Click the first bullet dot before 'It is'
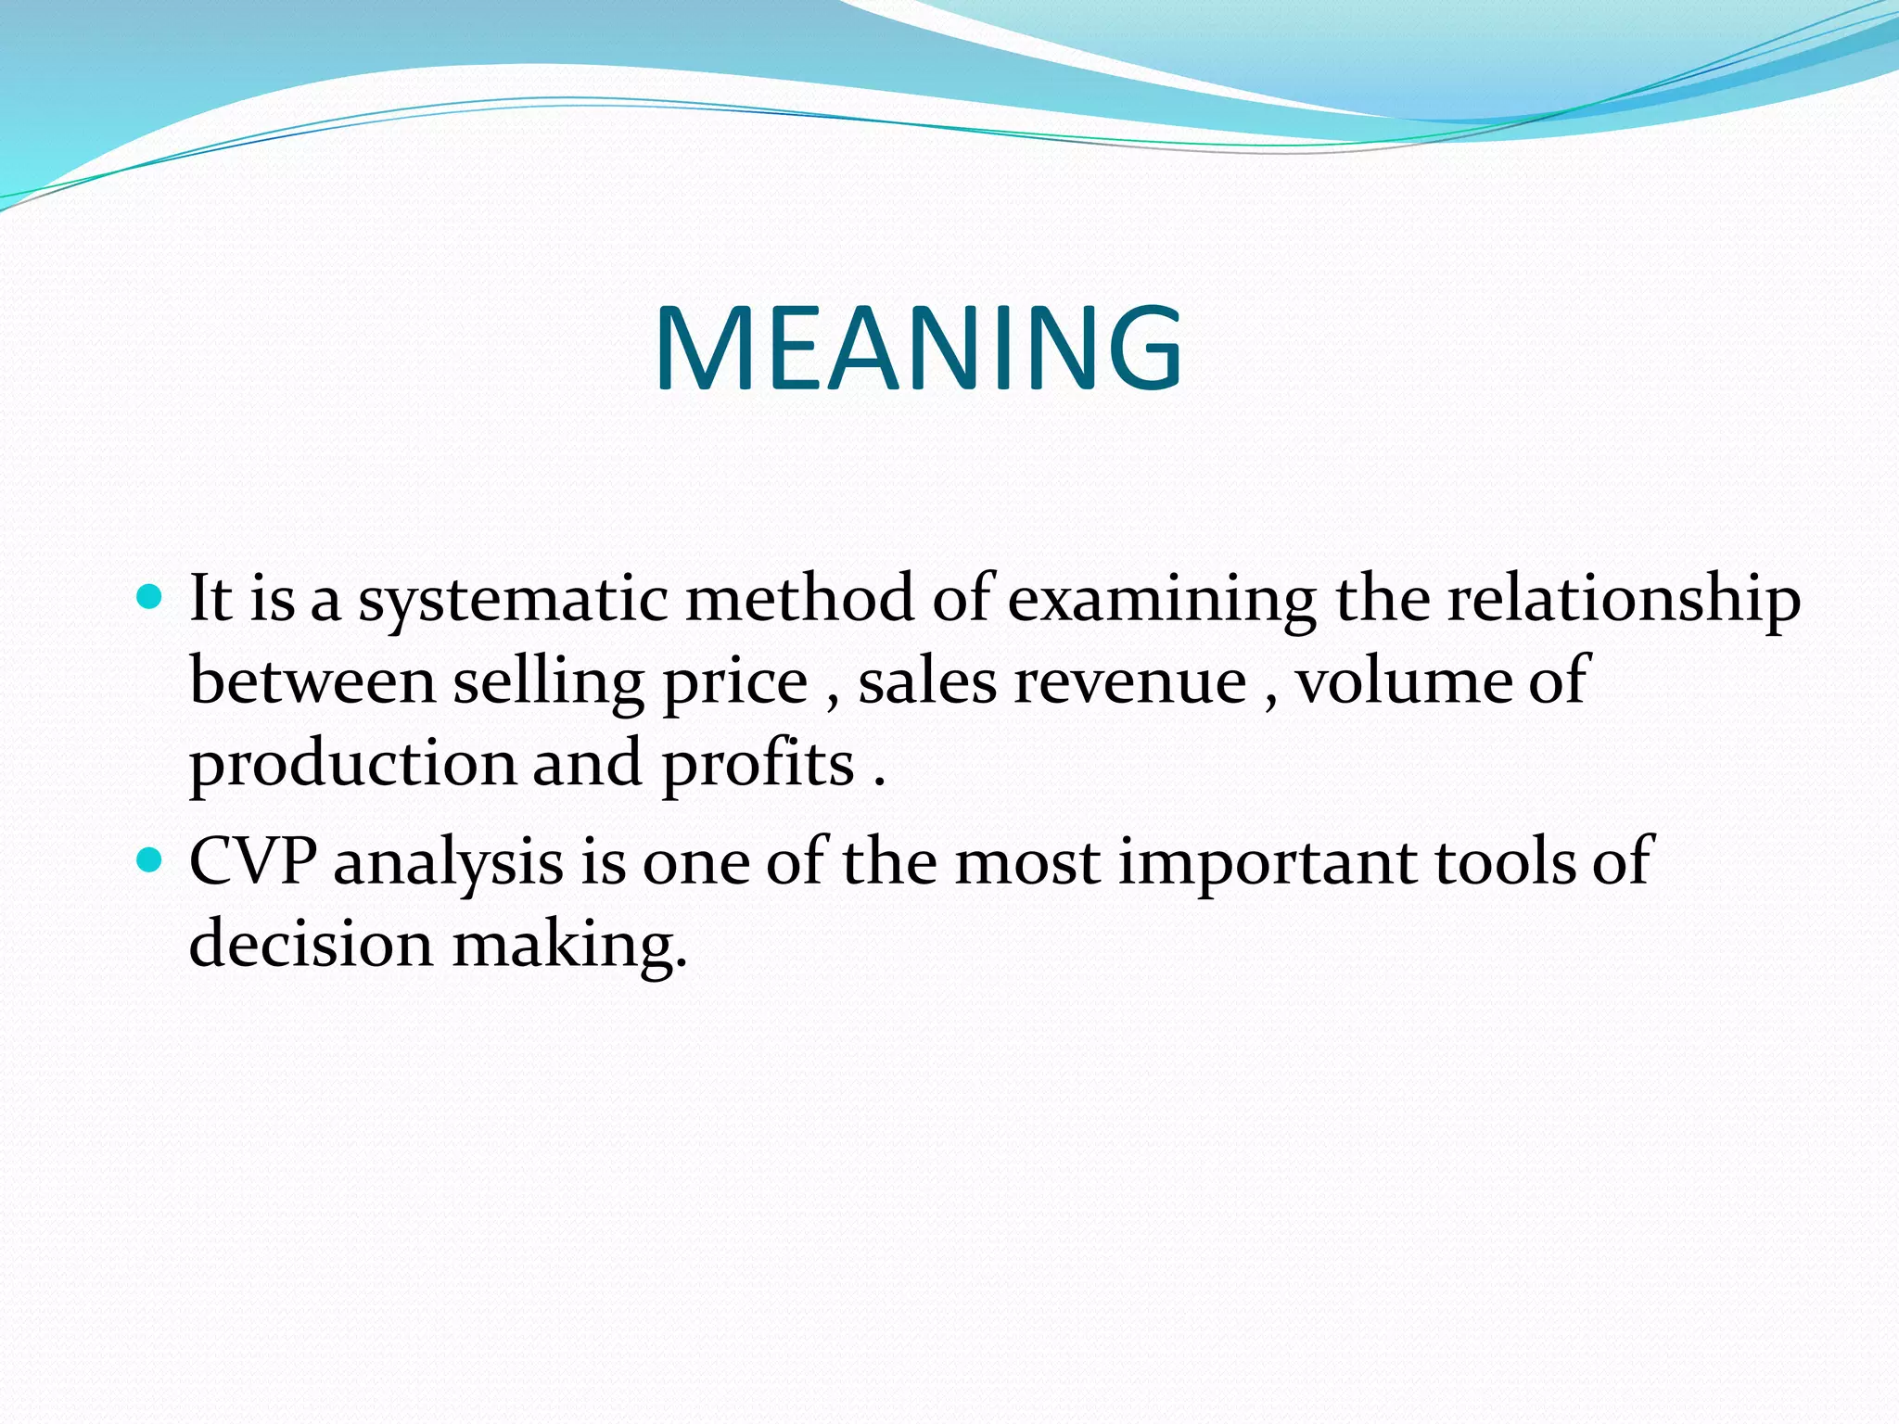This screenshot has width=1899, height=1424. (148, 595)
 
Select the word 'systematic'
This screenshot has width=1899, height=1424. (513, 601)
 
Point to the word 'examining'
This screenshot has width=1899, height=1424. (1161, 601)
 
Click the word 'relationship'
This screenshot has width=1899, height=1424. (1624, 601)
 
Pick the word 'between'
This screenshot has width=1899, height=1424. (312, 681)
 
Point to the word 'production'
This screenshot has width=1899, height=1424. (352, 766)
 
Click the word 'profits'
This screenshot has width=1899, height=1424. (758, 766)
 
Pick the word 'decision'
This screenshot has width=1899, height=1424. (312, 944)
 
